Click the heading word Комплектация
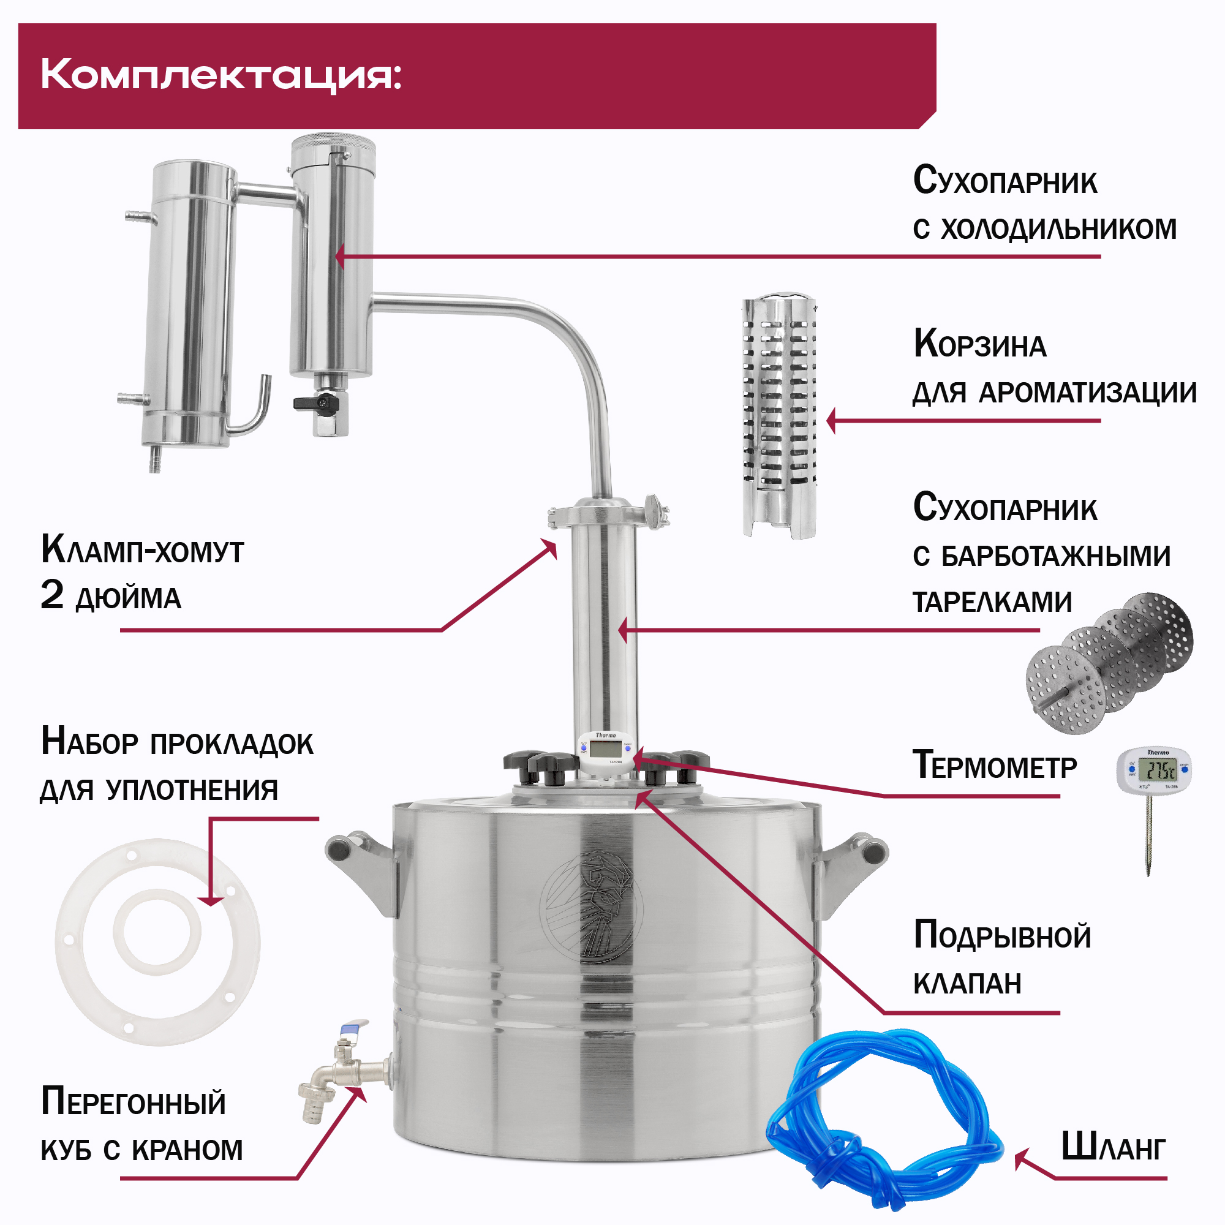[221, 76]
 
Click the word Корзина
[979, 345]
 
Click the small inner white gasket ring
[157, 932]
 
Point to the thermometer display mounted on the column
[607, 749]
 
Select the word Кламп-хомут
[142, 550]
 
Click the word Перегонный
[133, 1102]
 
